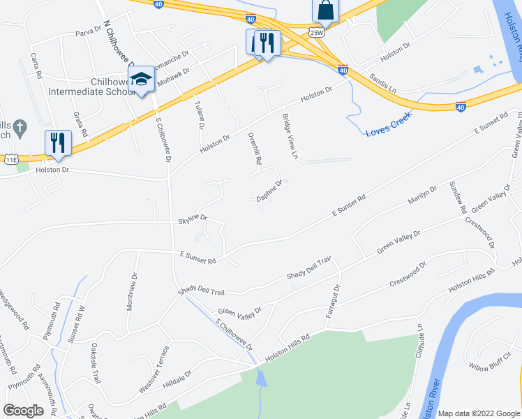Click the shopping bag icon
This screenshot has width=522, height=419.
325,10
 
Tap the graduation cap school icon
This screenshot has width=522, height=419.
141,80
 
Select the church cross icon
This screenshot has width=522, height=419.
21,128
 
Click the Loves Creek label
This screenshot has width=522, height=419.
388,123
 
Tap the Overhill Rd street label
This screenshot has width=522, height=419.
254,148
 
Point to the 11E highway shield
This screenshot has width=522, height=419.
10,160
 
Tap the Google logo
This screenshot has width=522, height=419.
23,410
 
